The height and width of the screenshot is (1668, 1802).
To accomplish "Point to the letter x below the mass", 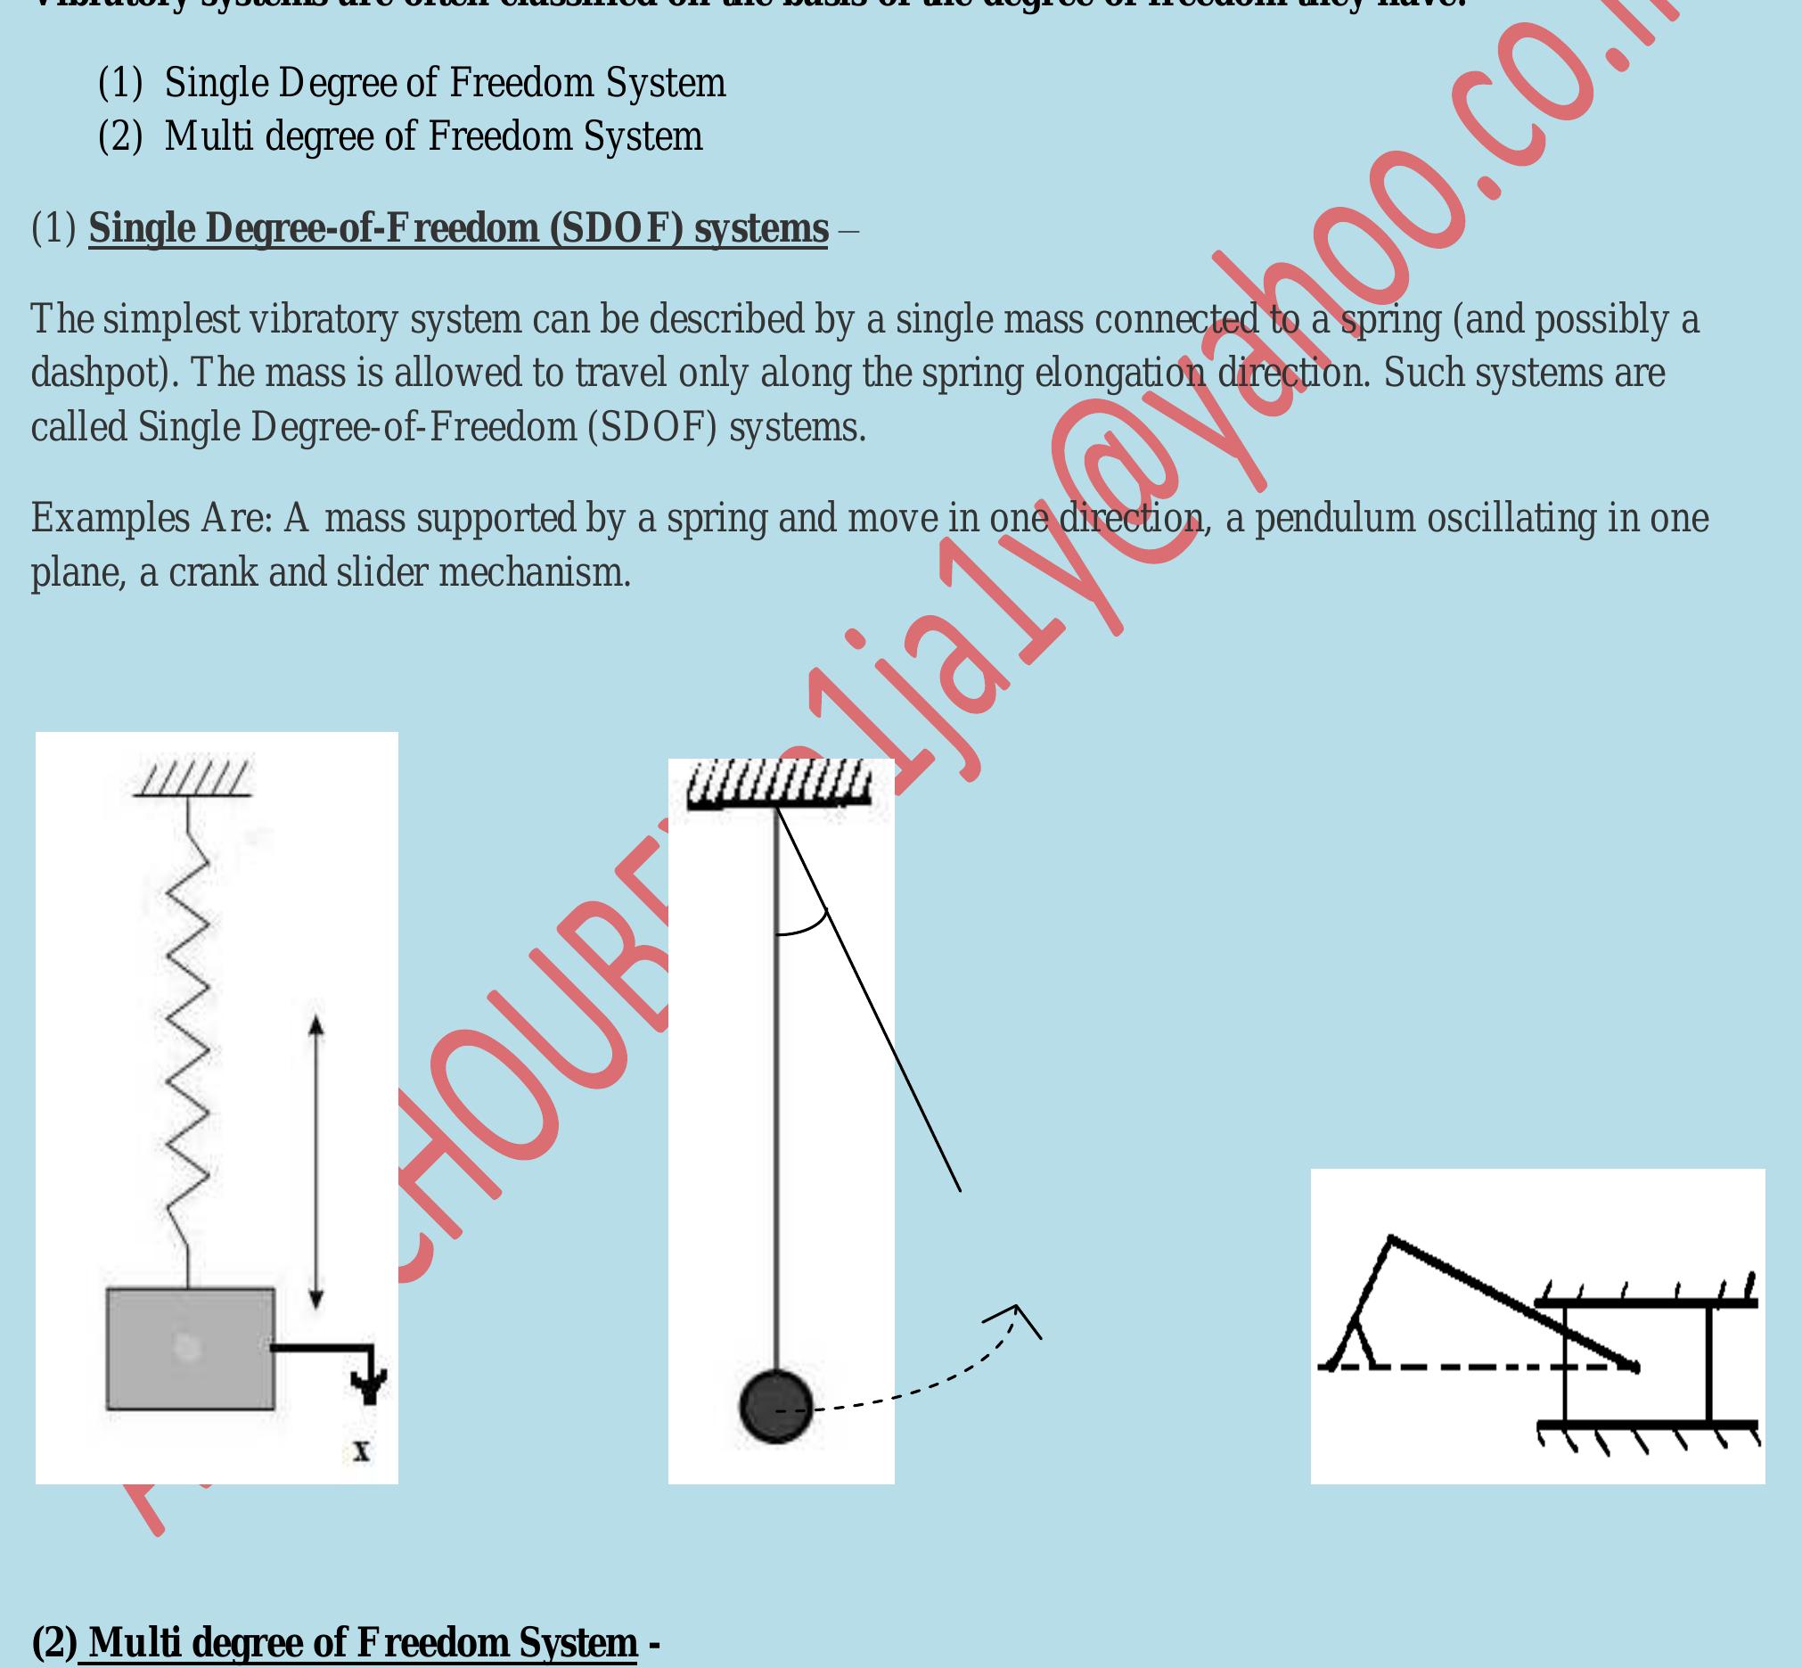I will pyautogui.click(x=362, y=1451).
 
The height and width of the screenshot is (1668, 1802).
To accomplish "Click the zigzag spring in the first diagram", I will pyautogui.click(x=189, y=1038).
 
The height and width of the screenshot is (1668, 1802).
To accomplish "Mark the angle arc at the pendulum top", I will pyautogui.click(x=803, y=927).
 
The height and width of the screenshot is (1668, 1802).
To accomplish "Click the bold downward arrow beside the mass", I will pyautogui.click(x=369, y=1385).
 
